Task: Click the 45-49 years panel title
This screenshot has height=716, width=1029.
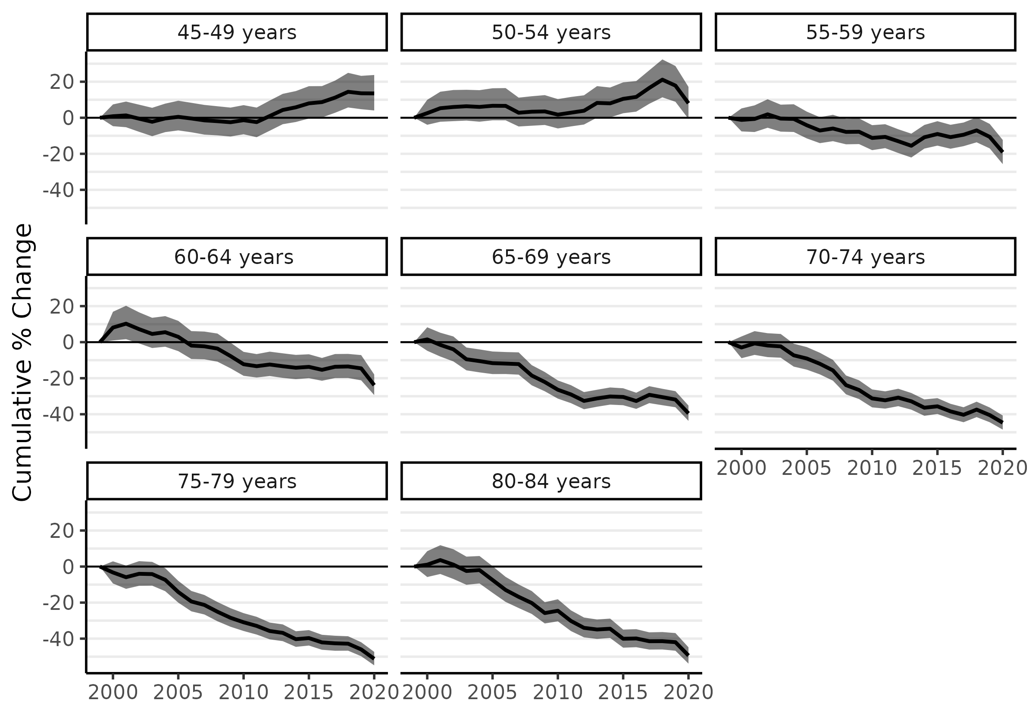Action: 237,32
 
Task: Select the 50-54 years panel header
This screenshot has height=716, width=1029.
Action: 551,32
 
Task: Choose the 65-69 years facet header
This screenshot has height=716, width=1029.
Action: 551,257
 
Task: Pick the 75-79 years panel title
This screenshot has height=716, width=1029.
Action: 237,481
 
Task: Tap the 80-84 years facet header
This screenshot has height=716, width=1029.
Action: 551,481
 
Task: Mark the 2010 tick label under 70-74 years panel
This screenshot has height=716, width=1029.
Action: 872,468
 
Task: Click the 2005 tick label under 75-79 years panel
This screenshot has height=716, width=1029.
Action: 178,693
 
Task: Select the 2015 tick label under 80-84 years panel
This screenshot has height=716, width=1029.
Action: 623,693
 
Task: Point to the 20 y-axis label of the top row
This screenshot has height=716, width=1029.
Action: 62,82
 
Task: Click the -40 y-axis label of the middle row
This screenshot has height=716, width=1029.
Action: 58,415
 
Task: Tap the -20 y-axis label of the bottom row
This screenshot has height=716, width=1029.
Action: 58,603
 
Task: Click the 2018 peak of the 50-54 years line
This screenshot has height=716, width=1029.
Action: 662,80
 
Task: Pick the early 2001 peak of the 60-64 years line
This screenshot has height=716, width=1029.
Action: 126,323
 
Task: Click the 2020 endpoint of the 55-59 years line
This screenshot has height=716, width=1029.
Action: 1002,152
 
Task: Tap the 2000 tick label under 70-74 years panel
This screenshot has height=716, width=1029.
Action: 741,468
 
